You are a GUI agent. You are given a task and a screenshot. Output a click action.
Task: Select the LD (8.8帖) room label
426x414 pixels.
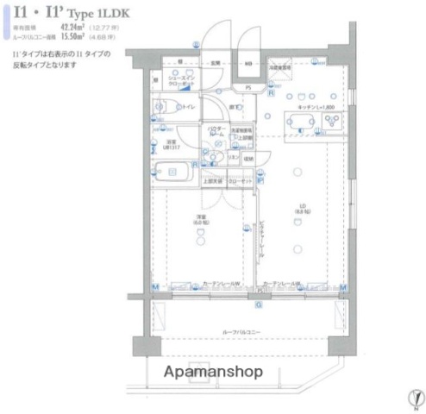301,209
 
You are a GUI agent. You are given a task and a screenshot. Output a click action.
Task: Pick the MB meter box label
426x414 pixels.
247,64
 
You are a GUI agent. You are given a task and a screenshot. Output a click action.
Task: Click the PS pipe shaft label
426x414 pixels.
247,87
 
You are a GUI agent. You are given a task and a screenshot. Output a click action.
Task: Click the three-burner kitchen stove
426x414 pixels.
329,122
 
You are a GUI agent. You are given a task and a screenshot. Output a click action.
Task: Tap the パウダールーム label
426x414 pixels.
216,133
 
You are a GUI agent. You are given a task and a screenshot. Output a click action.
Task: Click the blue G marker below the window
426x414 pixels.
259,303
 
